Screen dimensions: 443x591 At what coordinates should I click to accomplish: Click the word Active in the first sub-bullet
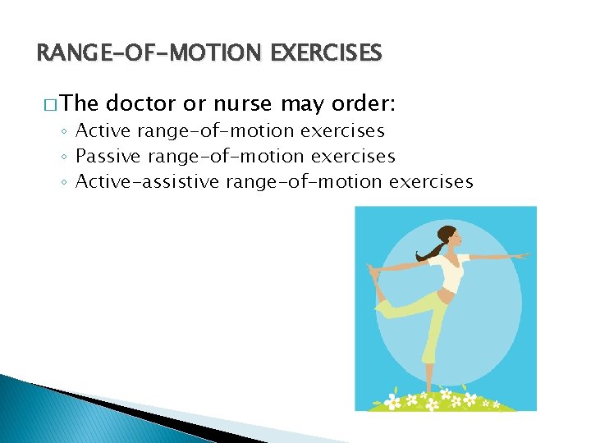[x=103, y=130]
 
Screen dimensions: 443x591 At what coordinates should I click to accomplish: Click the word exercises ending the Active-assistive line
[x=431, y=181]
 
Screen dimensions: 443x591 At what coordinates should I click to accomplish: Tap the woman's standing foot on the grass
[x=428, y=392]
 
